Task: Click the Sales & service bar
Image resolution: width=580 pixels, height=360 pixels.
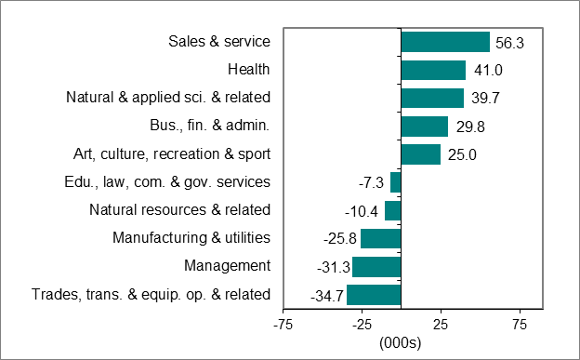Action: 444,42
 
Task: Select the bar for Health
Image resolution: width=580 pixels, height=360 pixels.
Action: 432,70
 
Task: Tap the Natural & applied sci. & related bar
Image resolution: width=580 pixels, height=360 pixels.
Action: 431,98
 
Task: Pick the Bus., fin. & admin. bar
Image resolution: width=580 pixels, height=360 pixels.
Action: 424,127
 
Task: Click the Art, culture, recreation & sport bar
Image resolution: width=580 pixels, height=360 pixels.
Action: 420,154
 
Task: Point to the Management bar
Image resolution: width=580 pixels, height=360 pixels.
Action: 376,267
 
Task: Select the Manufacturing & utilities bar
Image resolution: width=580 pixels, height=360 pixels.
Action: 380,239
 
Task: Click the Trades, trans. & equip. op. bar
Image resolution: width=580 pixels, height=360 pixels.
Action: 374,295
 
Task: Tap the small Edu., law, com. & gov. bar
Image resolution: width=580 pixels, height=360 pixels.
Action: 395,182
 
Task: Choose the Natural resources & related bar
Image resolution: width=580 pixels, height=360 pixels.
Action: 392,210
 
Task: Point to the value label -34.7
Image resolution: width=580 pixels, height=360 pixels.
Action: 325,296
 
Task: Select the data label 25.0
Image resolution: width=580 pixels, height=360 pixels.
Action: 462,155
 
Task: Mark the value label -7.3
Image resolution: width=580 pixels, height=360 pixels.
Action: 372,183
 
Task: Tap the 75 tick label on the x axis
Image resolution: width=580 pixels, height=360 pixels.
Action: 520,325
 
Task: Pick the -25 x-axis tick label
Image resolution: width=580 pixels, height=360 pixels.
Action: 362,325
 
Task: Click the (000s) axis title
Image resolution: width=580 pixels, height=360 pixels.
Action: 401,342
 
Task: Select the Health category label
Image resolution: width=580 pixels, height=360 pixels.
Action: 248,70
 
